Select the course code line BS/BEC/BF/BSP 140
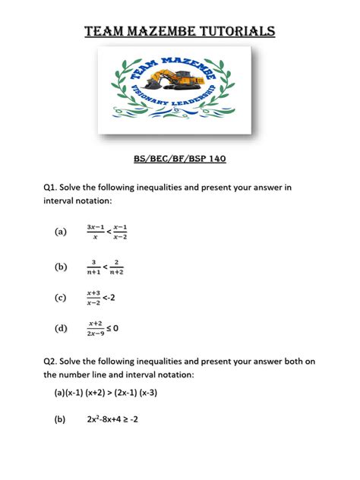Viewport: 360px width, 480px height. point(180,159)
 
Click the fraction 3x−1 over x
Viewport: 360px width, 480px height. point(95,232)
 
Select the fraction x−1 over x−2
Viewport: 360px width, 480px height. point(121,232)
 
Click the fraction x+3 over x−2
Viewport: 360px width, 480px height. point(94,298)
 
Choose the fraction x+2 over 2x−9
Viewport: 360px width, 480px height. point(95,328)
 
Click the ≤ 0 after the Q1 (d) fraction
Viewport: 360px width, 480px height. point(114,328)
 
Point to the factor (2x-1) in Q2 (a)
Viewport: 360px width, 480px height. point(131,393)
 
